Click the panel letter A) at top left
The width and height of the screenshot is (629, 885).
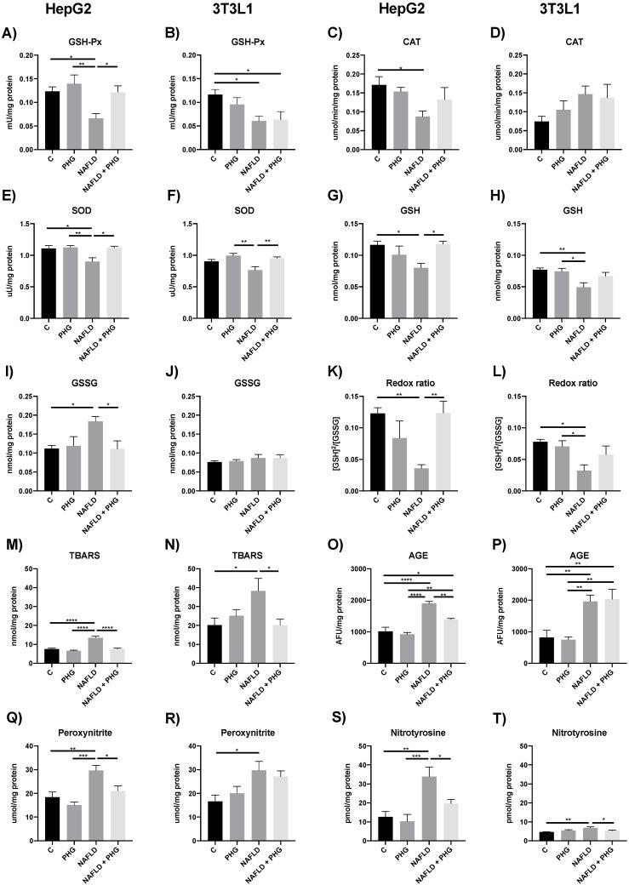pos(11,36)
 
